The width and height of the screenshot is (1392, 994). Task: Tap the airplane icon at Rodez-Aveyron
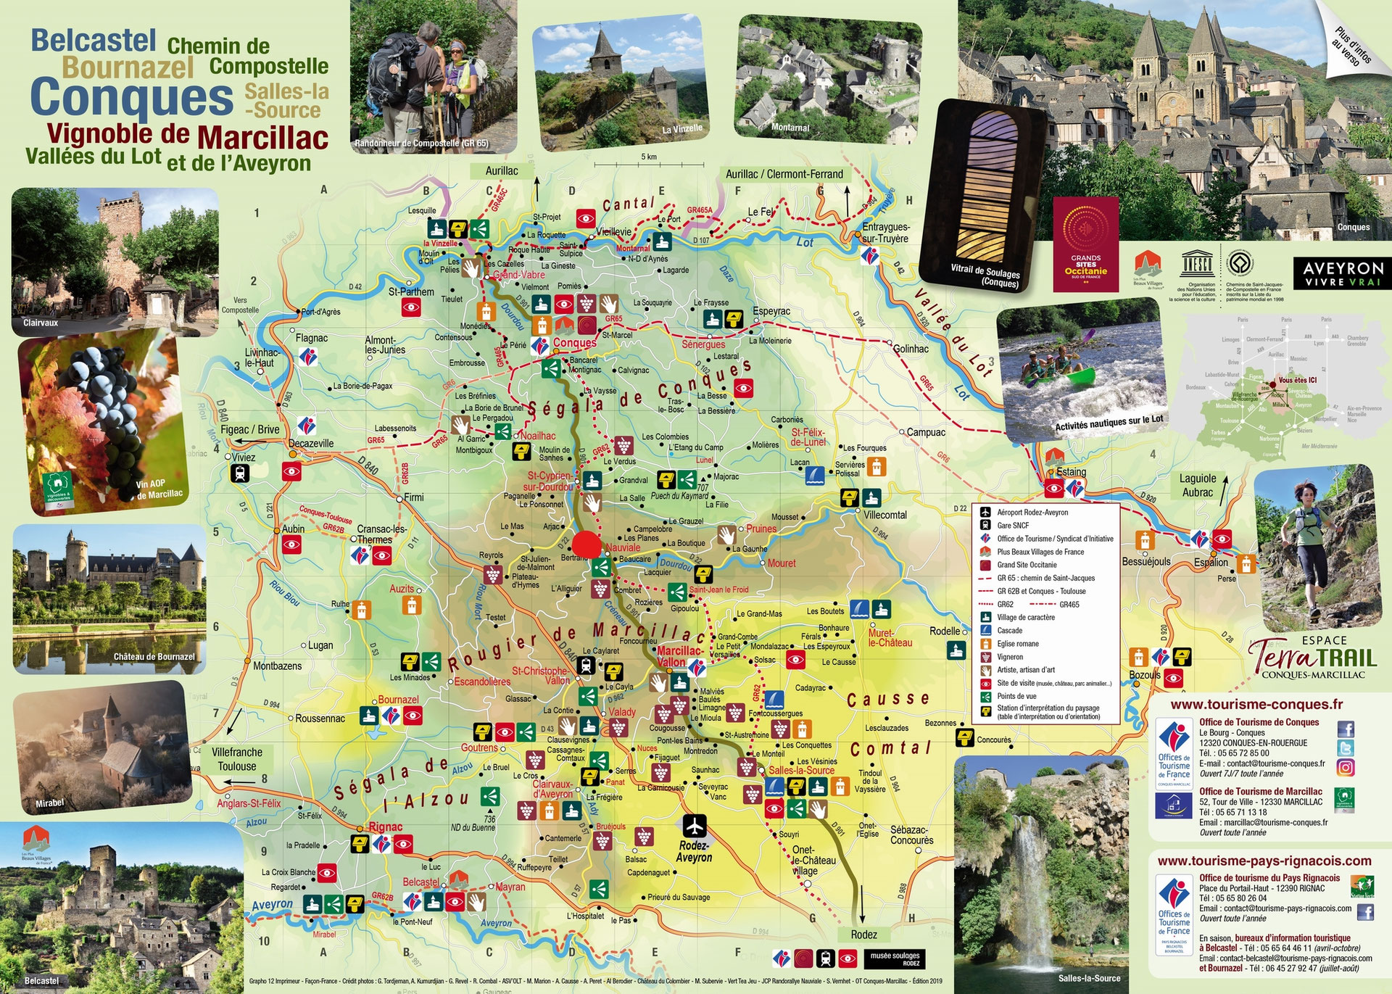click(695, 826)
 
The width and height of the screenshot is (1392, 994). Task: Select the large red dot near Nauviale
click(587, 544)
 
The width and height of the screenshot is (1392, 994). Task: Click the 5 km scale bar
click(649, 165)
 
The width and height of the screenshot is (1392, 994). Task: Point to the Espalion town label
click(1211, 563)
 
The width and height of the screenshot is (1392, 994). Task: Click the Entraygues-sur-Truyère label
click(885, 233)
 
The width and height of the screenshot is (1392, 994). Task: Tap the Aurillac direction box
click(502, 171)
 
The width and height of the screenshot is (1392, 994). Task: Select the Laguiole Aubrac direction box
click(1198, 485)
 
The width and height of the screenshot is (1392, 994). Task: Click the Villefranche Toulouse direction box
click(237, 759)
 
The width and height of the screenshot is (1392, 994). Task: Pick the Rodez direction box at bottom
click(863, 935)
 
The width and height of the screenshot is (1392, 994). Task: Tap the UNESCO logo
click(1197, 265)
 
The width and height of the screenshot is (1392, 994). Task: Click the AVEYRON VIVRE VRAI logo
click(1343, 273)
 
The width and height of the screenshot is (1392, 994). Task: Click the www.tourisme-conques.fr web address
click(1256, 704)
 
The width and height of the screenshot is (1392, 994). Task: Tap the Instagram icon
click(1346, 767)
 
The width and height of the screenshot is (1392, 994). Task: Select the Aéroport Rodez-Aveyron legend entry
click(1032, 513)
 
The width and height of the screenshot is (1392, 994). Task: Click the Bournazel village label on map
click(398, 700)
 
